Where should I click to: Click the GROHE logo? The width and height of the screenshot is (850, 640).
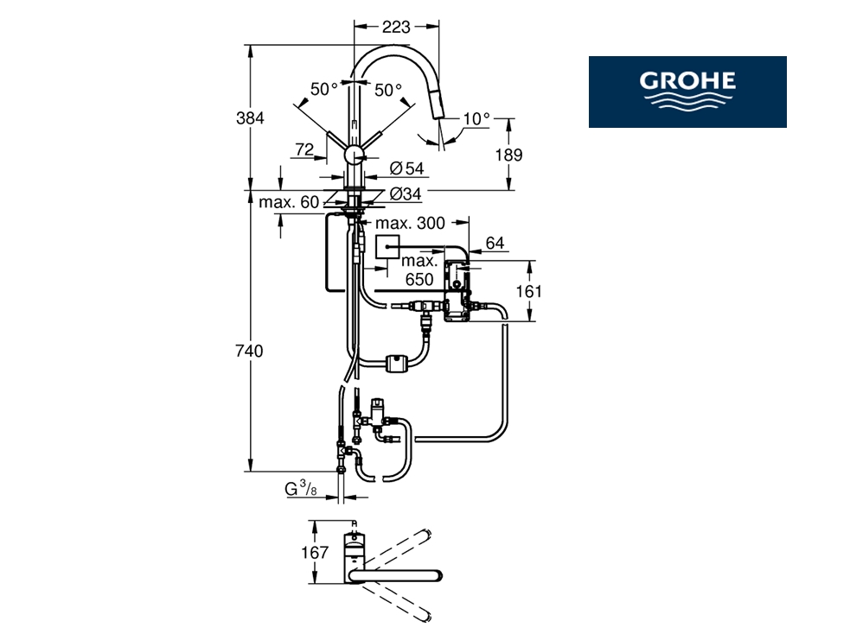coord(687,92)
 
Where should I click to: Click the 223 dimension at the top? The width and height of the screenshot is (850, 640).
coord(395,27)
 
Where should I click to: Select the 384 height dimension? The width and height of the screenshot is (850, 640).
coord(250,118)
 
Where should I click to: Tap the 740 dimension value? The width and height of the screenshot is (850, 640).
coord(250,352)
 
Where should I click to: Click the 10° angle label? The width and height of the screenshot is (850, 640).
coord(476,118)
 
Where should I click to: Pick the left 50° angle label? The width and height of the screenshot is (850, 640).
coord(323,89)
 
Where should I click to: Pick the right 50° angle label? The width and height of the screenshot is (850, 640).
coord(388,89)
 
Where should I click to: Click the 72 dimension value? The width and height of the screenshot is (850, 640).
coord(303,150)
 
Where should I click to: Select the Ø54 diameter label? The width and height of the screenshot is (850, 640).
coord(406,168)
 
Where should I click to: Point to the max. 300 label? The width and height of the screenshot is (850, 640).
coord(411,224)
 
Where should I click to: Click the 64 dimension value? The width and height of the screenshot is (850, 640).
coord(495,244)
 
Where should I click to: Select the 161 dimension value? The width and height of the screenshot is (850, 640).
coord(528,291)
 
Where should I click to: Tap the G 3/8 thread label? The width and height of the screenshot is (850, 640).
coord(300,490)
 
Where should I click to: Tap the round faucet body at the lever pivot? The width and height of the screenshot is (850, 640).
coord(355,155)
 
